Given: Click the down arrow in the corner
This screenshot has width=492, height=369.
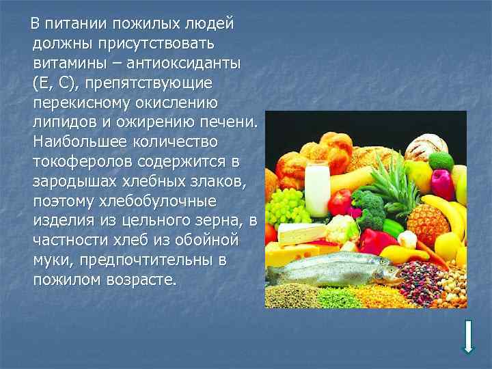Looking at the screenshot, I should (x=469, y=336).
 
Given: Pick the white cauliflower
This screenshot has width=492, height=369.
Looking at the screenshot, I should (x=408, y=238).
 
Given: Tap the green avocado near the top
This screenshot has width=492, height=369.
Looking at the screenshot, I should (x=440, y=161).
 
